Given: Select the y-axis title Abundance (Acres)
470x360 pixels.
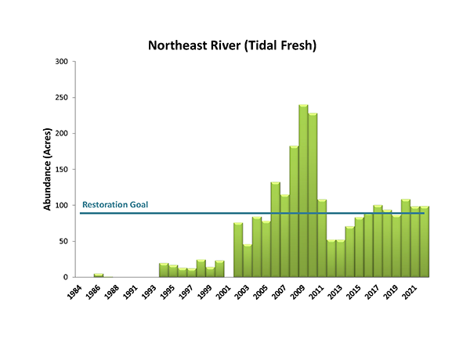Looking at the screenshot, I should click(47, 169).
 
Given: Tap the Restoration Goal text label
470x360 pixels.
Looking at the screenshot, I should click(115, 205).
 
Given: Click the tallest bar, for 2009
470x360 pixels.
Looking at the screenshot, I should click(303, 192).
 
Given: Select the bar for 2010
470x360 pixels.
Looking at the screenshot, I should click(313, 196).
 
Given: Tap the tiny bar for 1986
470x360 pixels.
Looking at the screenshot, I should click(99, 275).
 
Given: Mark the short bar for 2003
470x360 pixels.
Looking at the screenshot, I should click(248, 261).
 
